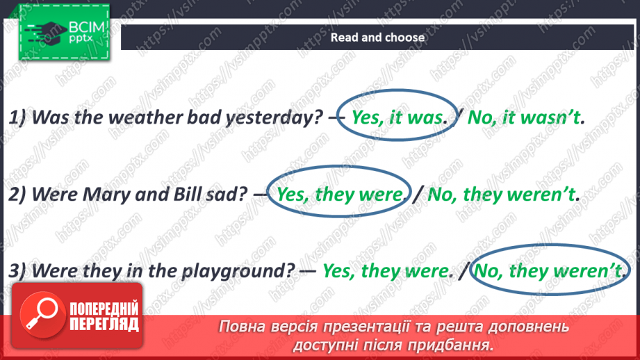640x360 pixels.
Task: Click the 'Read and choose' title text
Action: [x=377, y=38]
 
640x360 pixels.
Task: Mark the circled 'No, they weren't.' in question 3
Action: [x=549, y=270]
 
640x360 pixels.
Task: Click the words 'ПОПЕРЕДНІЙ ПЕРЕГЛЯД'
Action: [x=102, y=317]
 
